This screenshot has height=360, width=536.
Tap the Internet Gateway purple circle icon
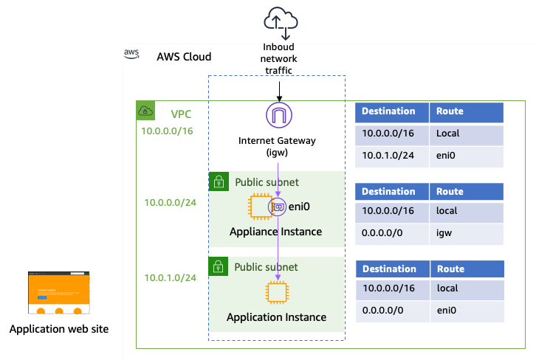[x=279, y=117]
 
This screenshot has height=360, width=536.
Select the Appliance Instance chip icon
[x=259, y=207]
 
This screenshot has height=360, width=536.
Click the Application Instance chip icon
[x=277, y=293]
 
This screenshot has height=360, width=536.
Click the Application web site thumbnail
[x=59, y=292]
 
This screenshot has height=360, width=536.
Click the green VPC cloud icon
[x=145, y=111]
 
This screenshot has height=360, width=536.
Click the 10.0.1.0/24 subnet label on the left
[x=170, y=277]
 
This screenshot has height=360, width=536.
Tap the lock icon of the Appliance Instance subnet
[x=219, y=181]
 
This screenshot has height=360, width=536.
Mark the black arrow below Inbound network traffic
[x=279, y=90]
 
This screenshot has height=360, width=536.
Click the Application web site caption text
[x=59, y=329]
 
